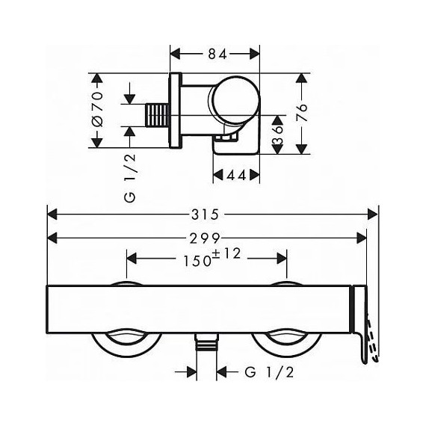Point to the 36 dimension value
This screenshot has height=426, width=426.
[276, 135]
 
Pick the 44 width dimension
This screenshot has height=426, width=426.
[236, 175]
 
